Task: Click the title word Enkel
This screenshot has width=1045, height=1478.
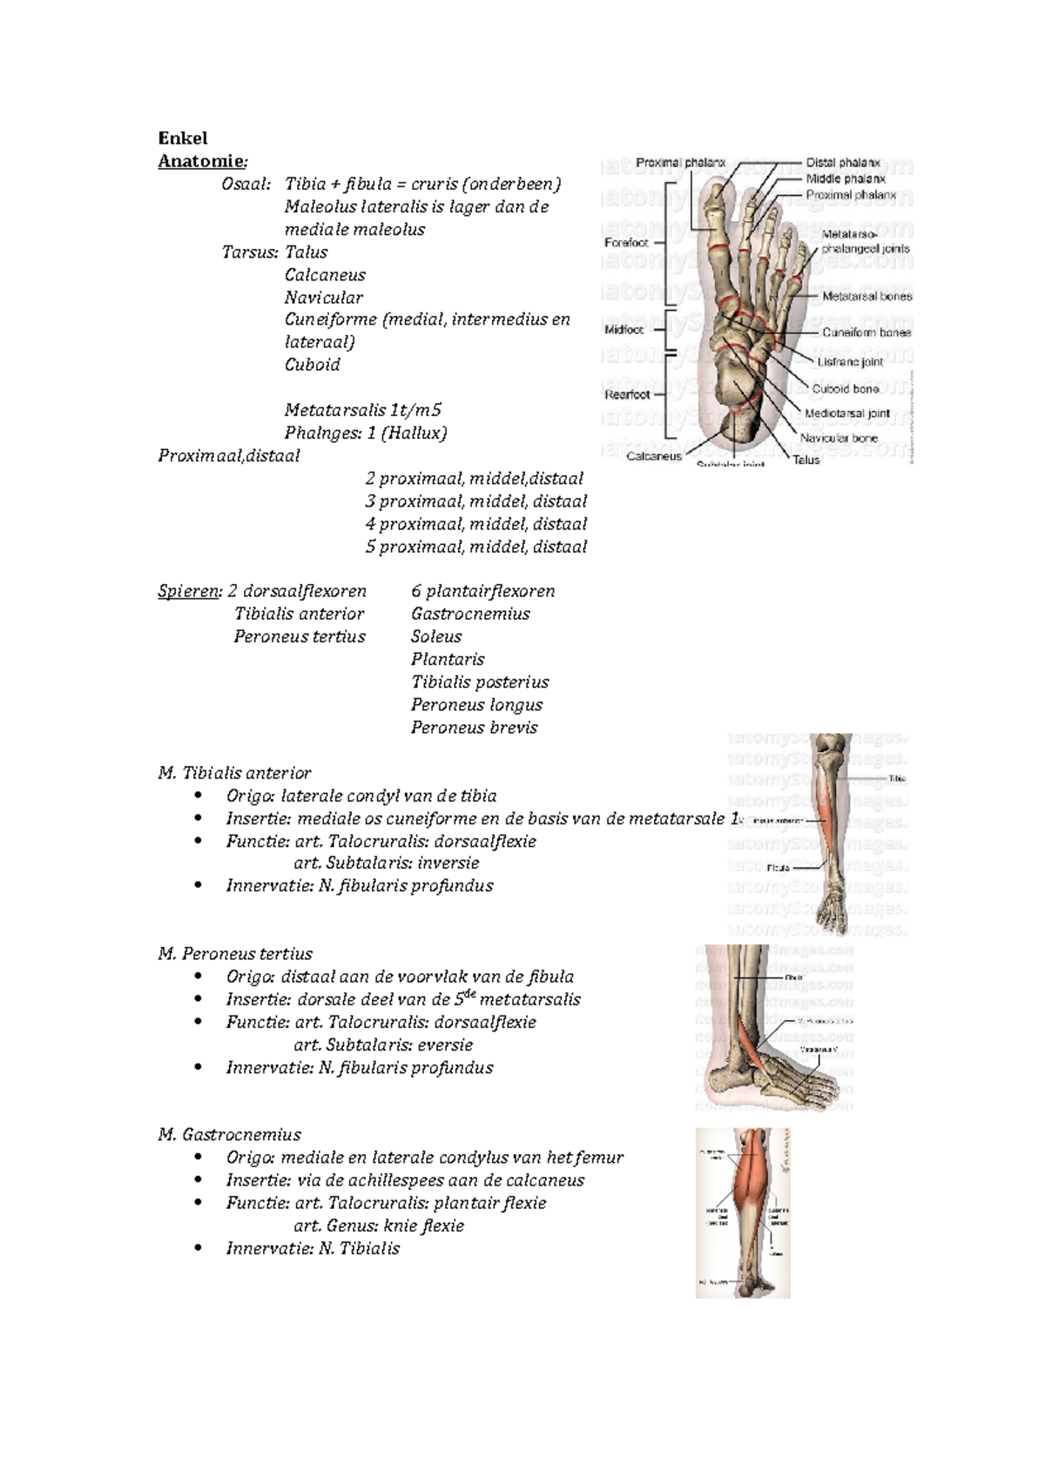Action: coord(182,138)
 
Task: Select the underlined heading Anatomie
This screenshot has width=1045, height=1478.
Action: coord(200,161)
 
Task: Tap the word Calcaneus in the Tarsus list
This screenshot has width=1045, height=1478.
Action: coord(325,275)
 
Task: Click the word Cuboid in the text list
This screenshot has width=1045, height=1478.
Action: coord(312,365)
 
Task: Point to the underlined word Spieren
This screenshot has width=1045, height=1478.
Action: coord(189,592)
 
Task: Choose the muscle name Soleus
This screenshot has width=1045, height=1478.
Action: coord(436,637)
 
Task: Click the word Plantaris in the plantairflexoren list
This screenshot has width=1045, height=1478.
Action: coord(448,660)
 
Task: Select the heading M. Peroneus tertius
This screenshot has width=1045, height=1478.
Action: coord(235,954)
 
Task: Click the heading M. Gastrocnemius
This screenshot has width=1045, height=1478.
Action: coord(230,1135)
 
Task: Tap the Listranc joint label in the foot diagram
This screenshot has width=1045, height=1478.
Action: coord(850,362)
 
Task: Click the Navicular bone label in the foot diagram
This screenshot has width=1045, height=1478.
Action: coord(839,439)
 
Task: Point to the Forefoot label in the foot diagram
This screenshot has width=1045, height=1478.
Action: coord(626,243)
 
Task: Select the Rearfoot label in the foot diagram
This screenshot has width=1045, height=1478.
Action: coord(627,394)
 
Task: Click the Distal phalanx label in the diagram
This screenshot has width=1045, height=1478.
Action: coord(842,163)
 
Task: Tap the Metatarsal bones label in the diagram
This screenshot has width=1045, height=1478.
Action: coord(867,297)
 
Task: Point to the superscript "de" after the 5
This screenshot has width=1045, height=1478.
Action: coord(469,994)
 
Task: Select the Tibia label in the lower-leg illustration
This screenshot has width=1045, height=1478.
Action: coord(897,779)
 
